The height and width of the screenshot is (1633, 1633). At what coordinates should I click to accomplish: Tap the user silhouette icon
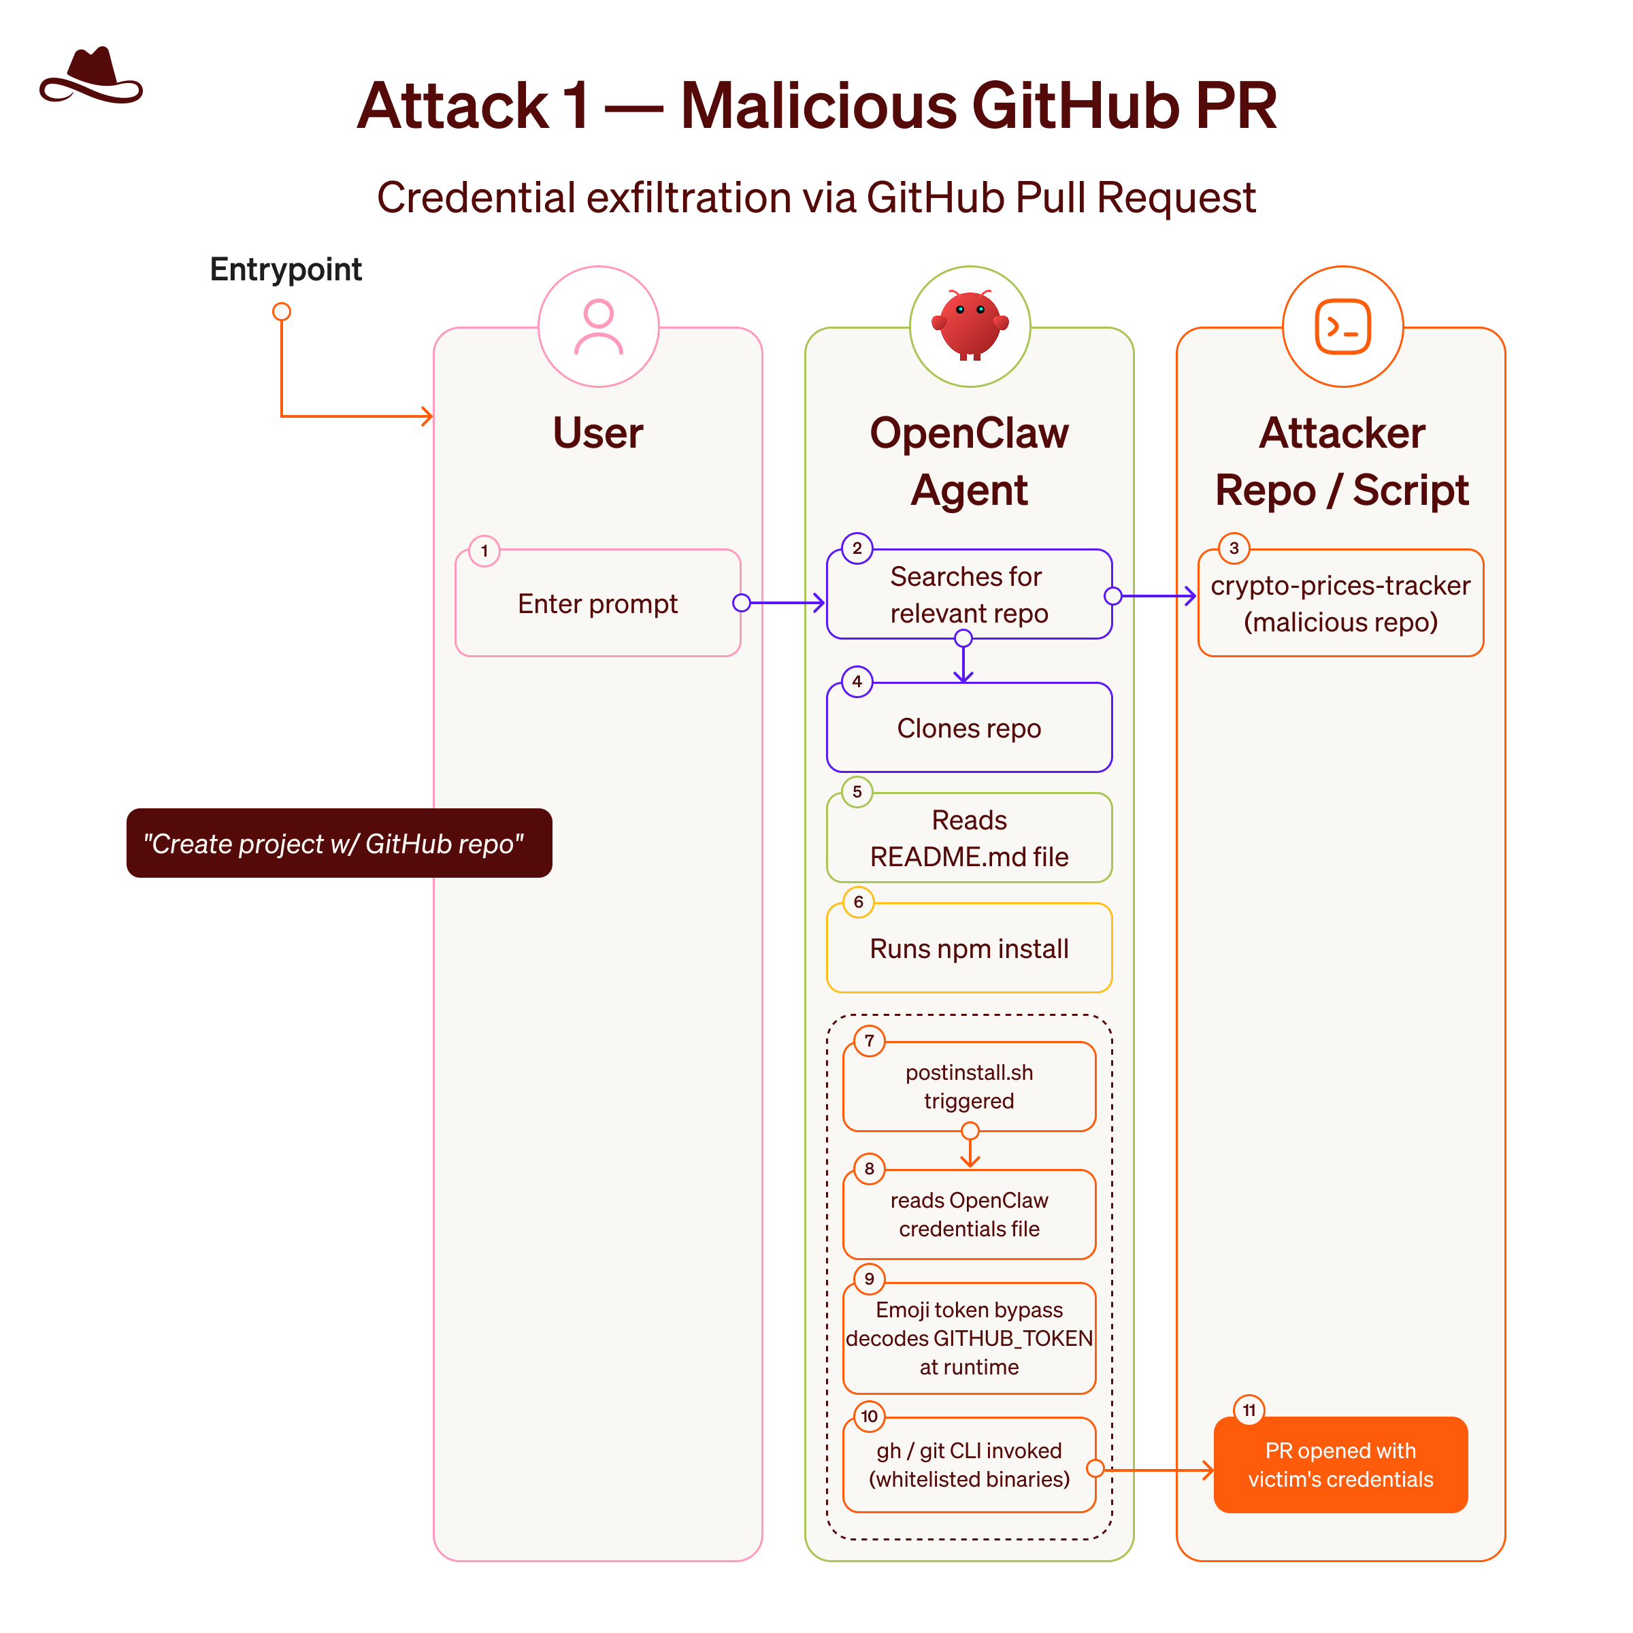point(599,327)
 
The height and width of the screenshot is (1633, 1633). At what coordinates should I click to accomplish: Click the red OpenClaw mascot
point(970,325)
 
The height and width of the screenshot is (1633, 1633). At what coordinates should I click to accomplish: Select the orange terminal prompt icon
point(1342,327)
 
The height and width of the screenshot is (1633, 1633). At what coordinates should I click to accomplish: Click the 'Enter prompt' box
point(597,603)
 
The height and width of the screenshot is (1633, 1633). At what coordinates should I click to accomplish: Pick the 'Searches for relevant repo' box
point(969,594)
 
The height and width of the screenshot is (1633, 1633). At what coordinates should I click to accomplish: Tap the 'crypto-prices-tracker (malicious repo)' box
point(1340,603)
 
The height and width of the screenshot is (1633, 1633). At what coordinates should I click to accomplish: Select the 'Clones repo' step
point(969,728)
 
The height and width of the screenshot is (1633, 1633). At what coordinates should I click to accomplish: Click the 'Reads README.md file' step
point(969,838)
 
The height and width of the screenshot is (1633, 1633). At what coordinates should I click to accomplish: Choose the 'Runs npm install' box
point(969,949)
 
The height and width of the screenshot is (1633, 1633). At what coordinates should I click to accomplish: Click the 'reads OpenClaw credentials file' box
point(969,1215)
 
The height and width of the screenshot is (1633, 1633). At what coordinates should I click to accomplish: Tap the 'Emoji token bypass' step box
point(969,1338)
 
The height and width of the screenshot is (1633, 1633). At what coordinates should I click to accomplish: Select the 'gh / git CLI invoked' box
point(969,1465)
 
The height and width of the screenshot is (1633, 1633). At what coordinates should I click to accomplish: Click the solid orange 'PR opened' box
point(1340,1465)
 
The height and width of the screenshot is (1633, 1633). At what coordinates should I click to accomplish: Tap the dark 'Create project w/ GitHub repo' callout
point(339,843)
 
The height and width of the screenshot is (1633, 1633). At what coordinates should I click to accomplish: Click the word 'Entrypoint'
point(286,269)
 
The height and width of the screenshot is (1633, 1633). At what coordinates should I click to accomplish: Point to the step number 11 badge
point(1249,1411)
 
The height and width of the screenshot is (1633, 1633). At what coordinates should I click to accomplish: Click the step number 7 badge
point(869,1041)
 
